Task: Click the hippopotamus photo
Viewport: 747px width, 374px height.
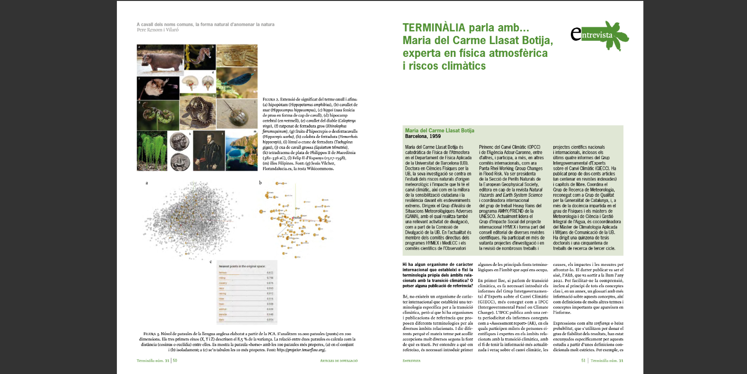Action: pos(160,60)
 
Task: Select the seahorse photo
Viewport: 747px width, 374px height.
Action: pos(200,56)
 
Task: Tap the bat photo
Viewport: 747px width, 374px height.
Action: pos(157,88)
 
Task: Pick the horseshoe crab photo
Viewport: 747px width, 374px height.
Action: pos(237,114)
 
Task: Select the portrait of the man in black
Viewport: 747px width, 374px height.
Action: pos(209,151)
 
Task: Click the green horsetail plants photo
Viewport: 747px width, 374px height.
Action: pos(152,151)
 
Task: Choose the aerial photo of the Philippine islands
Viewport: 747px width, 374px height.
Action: pos(241,151)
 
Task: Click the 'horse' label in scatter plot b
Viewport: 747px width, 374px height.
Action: pos(297,218)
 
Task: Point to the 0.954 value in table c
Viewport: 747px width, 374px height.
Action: pos(270,319)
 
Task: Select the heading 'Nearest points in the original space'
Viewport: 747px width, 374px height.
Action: pos(242,266)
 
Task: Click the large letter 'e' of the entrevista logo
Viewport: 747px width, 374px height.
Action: pos(576,33)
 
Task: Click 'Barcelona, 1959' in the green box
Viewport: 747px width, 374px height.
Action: pos(423,137)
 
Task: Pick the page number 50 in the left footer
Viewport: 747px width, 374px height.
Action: pos(175,361)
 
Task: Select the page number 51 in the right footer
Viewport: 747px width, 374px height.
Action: pos(583,361)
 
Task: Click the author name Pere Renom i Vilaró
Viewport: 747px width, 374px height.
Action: pos(158,30)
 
